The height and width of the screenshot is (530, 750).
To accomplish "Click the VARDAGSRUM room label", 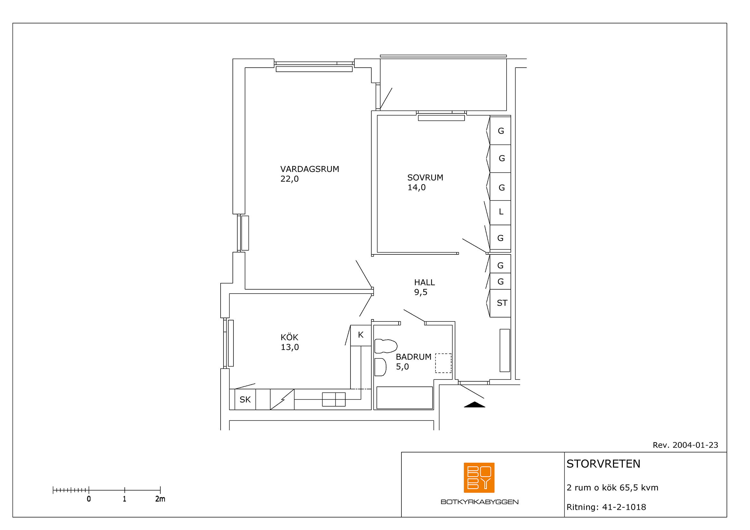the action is click(x=309, y=169).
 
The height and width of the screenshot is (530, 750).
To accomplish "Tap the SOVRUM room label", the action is click(x=425, y=178).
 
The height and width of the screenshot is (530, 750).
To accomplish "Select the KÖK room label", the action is click(x=290, y=337).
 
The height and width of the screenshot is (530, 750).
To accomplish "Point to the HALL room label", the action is click(x=424, y=282).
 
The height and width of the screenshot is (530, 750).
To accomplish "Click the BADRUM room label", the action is click(x=414, y=357).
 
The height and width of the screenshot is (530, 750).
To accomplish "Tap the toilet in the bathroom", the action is click(x=386, y=346).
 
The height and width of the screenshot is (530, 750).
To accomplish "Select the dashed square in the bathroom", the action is click(x=443, y=363).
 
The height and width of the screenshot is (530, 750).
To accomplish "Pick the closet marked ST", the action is click(x=501, y=303).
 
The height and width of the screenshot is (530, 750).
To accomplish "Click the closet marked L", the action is click(x=501, y=212).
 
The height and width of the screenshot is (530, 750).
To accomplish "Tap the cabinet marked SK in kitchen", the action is click(x=245, y=400).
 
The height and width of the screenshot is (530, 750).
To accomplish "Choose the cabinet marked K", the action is click(x=361, y=335).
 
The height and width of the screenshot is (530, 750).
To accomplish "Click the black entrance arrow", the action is click(x=475, y=405).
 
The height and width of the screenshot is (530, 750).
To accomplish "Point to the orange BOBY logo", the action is click(x=479, y=477).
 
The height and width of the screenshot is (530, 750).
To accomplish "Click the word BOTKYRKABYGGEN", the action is click(x=479, y=502).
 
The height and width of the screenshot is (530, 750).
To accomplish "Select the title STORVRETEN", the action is click(x=603, y=464).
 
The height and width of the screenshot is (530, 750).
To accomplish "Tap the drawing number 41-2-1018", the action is click(x=624, y=507).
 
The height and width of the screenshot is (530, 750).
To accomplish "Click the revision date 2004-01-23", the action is click(x=695, y=445).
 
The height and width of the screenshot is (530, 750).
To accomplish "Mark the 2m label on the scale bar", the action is click(x=160, y=499).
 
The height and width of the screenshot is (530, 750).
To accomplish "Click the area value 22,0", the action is click(x=290, y=179).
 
